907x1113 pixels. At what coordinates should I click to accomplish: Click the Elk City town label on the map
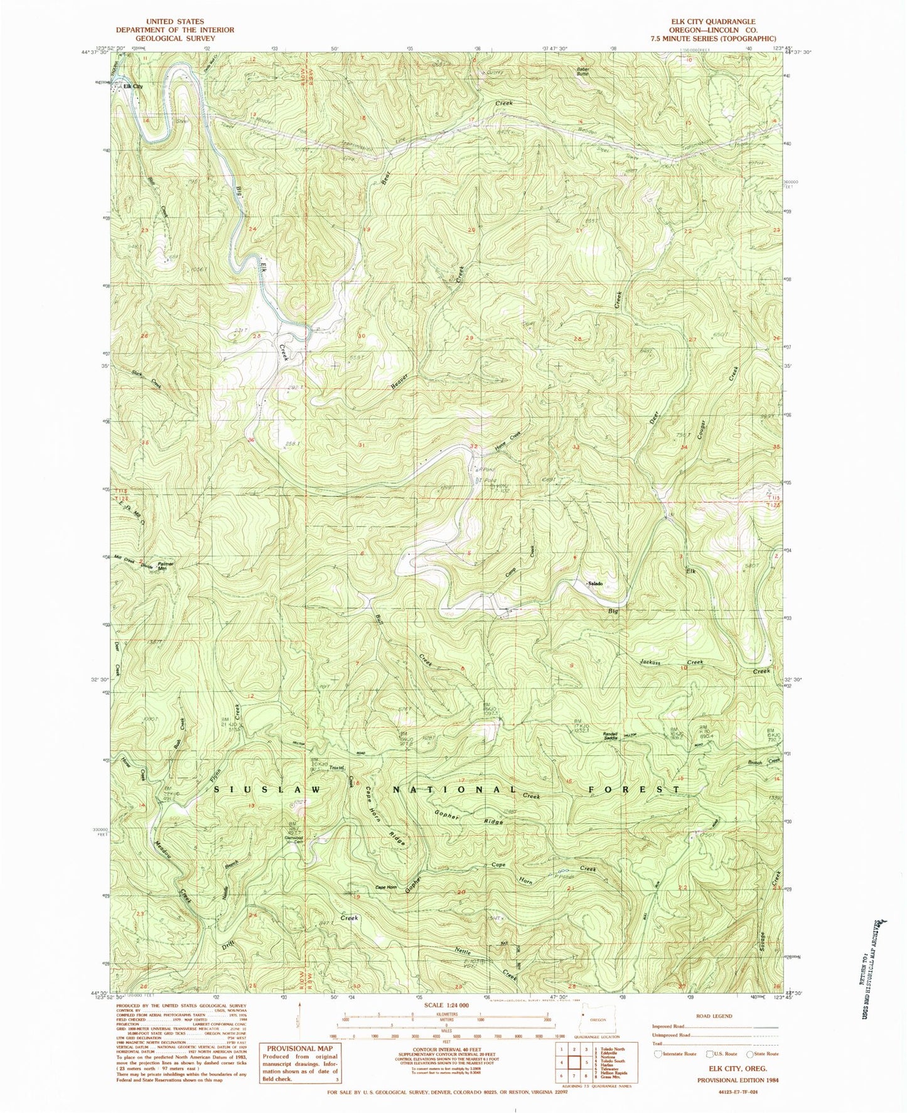click(133, 87)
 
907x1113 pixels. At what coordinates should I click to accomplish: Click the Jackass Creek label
click(670, 662)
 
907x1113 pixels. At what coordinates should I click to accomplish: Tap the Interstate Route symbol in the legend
click(658, 1054)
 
